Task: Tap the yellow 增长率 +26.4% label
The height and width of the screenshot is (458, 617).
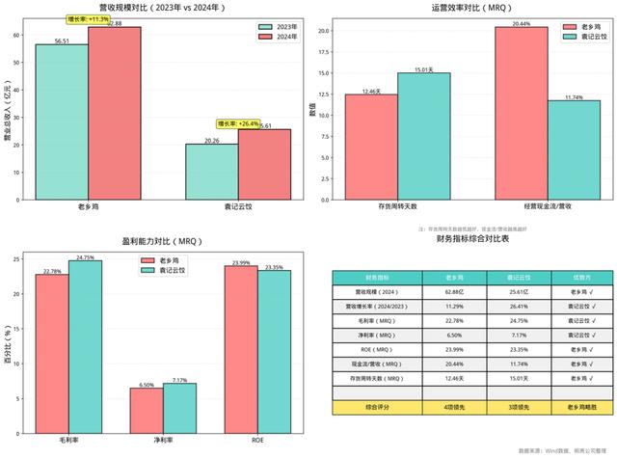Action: point(235,123)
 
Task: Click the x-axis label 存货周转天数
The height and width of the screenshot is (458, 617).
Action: point(397,207)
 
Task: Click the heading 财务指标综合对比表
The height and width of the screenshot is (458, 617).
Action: point(472,238)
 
